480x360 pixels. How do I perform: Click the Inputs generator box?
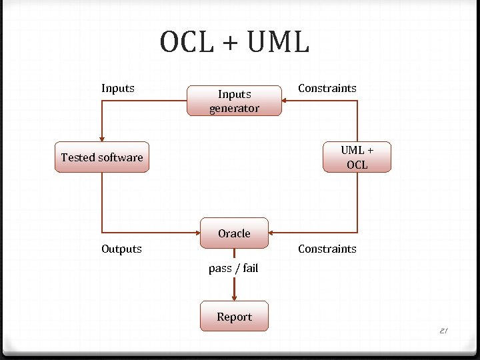click(234, 101)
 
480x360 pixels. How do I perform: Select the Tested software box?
click(101, 157)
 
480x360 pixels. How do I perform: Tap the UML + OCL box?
click(357, 157)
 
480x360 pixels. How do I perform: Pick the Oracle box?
click(234, 233)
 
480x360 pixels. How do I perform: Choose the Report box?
click(234, 317)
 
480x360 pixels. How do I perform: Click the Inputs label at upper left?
click(118, 88)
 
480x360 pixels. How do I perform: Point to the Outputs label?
click(121, 249)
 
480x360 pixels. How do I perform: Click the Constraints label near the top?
click(327, 88)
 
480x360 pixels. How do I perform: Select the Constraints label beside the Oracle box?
click(327, 249)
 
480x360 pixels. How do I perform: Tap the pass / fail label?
click(233, 268)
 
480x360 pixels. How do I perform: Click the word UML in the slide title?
click(279, 43)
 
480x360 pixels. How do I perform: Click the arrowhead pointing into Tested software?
click(102, 138)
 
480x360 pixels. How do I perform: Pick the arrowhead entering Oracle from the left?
click(197, 233)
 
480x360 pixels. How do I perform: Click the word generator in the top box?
click(234, 108)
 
